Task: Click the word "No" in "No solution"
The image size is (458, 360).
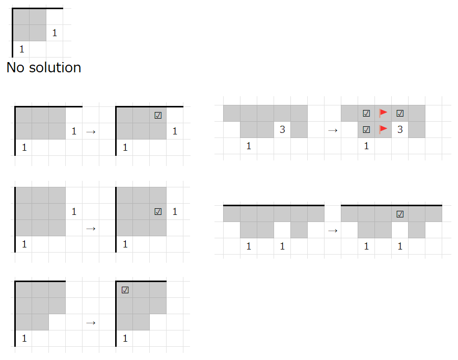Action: (15, 67)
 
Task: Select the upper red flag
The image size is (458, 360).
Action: (383, 113)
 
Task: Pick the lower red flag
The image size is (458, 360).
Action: (383, 129)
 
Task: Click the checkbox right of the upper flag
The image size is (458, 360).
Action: (400, 114)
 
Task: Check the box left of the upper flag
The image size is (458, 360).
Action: (366, 114)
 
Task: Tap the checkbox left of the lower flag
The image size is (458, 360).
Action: (366, 130)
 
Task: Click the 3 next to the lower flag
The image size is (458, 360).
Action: (400, 130)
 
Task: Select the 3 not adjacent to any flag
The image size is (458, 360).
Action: (282, 130)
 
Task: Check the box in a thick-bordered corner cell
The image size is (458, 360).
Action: (125, 290)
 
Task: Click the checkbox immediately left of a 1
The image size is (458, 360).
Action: (158, 211)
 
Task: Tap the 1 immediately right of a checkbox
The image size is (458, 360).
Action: (175, 211)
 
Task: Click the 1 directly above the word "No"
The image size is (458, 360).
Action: (21, 50)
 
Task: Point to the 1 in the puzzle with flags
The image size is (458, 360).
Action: (366, 146)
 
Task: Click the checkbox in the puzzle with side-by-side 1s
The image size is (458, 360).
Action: (400, 214)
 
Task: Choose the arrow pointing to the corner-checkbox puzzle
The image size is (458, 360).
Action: (91, 322)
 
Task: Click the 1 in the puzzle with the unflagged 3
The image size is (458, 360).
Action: (249, 146)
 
